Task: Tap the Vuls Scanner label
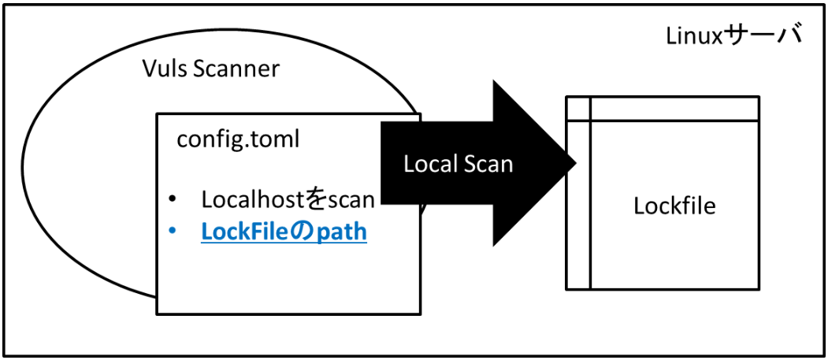pyautogui.click(x=210, y=69)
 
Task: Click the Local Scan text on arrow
pyautogui.click(x=458, y=164)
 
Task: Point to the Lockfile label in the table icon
pyautogui.click(x=674, y=206)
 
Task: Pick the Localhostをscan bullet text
pyautogui.click(x=287, y=199)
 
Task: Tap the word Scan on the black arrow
pyautogui.click(x=488, y=164)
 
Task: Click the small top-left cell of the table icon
pyautogui.click(x=578, y=109)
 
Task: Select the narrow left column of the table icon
pyautogui.click(x=578, y=205)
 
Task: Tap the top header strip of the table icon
pyautogui.click(x=674, y=109)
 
